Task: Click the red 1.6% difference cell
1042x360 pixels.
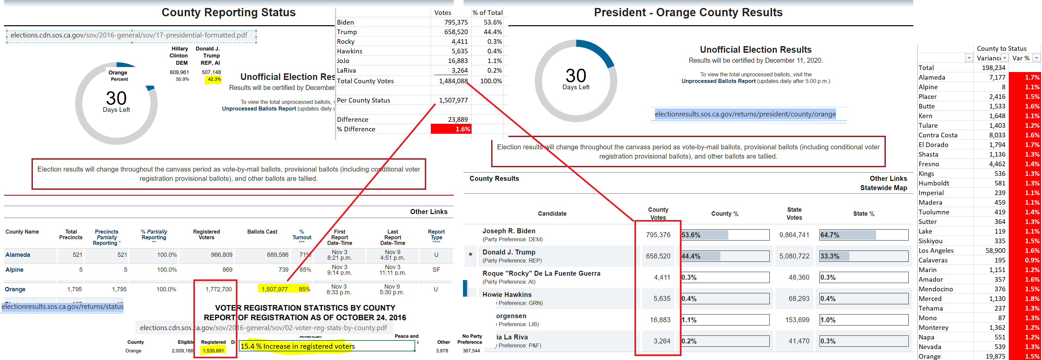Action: click(451, 129)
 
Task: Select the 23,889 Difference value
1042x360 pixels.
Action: click(458, 119)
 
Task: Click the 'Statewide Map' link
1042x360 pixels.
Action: click(883, 188)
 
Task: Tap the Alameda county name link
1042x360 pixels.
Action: click(18, 255)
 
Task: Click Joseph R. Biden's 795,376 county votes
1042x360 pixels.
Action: click(658, 235)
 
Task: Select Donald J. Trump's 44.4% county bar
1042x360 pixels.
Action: click(725, 256)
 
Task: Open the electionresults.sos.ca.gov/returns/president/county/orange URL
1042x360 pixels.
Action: click(745, 114)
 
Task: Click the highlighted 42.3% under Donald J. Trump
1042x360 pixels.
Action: click(214, 79)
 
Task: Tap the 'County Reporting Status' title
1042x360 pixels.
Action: click(228, 13)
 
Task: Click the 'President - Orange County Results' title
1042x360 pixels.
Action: click(688, 13)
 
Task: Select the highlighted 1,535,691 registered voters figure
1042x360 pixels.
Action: click(213, 351)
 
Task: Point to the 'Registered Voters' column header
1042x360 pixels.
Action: click(206, 235)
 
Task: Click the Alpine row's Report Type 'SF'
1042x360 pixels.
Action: click(436, 270)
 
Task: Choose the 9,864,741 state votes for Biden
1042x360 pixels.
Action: click(794, 235)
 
